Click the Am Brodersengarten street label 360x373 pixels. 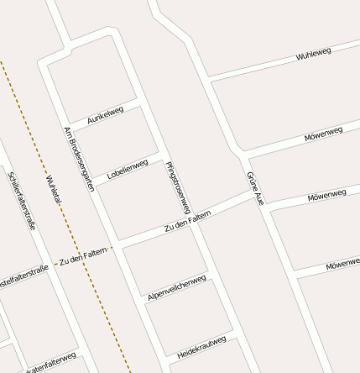(x=80, y=160)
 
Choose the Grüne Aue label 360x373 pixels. (x=256, y=188)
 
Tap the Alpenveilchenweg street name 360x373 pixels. (x=176, y=286)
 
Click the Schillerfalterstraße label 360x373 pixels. (x=22, y=200)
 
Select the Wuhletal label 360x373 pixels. (x=55, y=197)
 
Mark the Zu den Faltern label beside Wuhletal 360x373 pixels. (x=84, y=257)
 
